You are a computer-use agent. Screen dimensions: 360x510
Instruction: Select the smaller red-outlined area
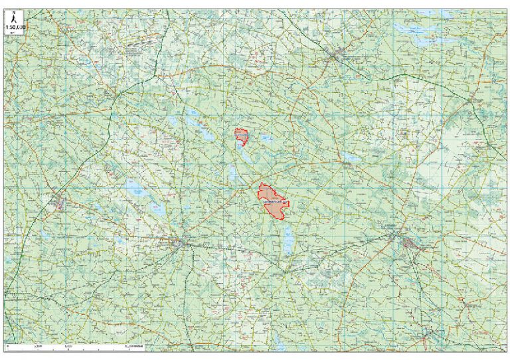242,137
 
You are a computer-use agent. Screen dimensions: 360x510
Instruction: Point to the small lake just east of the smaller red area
265,139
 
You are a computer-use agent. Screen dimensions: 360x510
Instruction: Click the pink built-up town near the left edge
58,202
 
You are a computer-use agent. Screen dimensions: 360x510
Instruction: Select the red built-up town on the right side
410,244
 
